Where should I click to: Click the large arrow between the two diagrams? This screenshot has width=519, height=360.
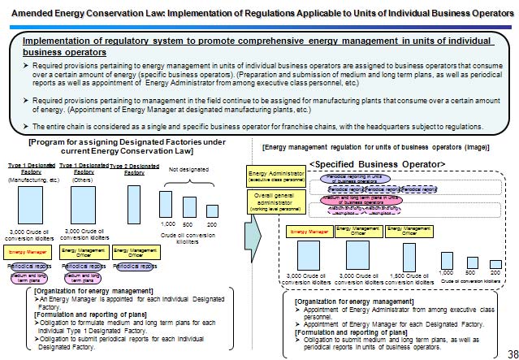point(252,235)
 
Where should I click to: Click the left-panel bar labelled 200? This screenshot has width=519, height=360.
point(211,212)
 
